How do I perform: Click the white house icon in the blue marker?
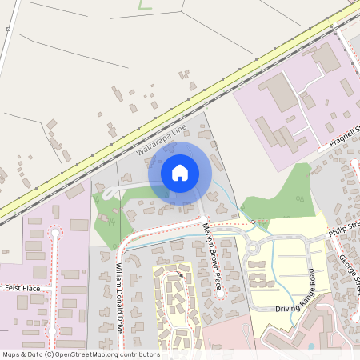tap(180, 173)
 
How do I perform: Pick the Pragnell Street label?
tap(346, 133)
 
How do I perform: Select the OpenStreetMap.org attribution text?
tap(81, 354)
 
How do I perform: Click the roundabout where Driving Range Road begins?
tap(253, 248)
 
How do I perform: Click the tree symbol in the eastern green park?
tap(298, 200)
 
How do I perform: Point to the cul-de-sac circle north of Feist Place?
tap(55, 233)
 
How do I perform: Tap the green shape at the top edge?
tap(144, 5)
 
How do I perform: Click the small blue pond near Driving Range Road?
tap(310, 346)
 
